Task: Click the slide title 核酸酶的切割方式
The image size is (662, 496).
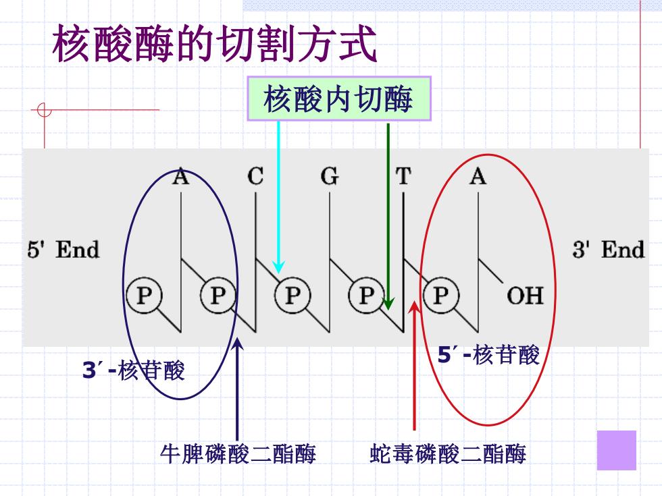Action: [x=215, y=43]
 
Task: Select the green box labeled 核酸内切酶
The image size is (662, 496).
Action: [x=339, y=99]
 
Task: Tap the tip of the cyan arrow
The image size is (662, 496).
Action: [x=278, y=273]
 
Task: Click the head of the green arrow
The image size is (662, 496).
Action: [x=388, y=309]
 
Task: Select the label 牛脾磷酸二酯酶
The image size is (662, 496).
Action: [x=238, y=454]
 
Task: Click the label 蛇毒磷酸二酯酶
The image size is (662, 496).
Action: [x=448, y=454]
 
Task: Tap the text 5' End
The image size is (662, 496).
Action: [x=63, y=249]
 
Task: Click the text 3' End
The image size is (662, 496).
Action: [x=609, y=249]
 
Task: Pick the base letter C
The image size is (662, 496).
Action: [x=255, y=176]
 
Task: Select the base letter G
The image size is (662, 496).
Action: [x=330, y=176]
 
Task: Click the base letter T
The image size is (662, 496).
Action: [x=403, y=176]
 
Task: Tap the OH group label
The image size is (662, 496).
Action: [x=525, y=296]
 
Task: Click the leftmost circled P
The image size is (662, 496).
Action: [x=144, y=296]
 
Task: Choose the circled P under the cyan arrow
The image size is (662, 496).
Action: [x=292, y=296]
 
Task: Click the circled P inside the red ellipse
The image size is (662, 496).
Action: [x=440, y=296]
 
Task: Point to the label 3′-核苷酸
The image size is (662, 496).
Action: [x=134, y=370]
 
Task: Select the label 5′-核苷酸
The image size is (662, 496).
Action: [x=488, y=355]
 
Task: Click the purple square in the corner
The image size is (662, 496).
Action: [x=616, y=450]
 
